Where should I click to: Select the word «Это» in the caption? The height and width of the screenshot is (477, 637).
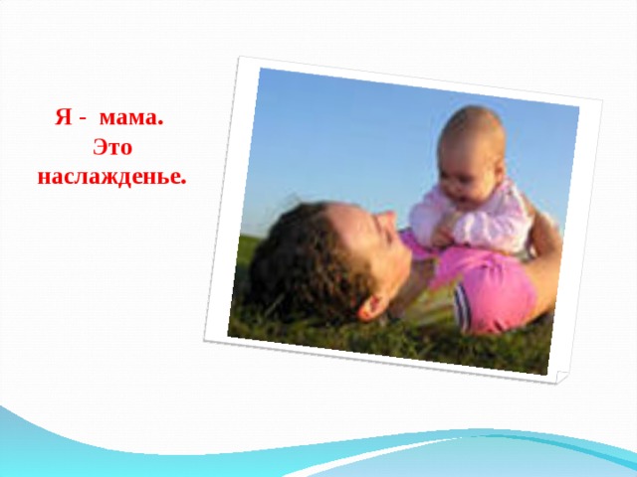(x=111, y=149)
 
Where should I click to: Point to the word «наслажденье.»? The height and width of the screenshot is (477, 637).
(x=111, y=179)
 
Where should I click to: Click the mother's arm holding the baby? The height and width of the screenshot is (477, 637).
(x=542, y=248)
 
